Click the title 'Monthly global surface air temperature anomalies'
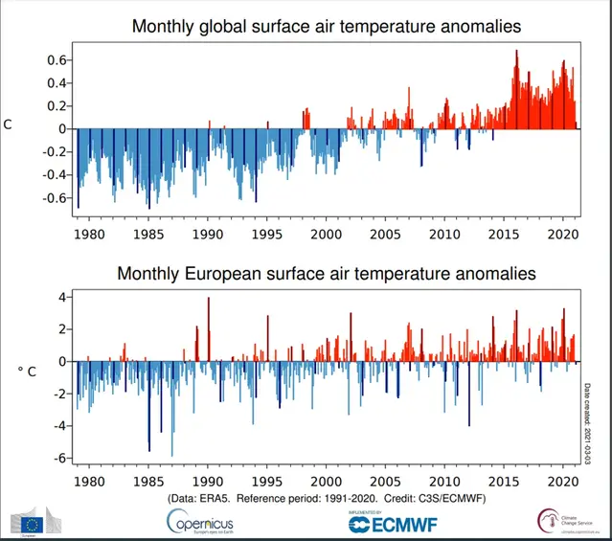tap(326, 28)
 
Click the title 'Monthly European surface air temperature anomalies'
tap(326, 274)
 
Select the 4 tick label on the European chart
tap(60, 297)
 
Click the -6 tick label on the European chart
tap(58, 459)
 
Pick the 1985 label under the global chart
tap(148, 234)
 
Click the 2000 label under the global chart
tap(326, 234)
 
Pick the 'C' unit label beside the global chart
tap(8, 124)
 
